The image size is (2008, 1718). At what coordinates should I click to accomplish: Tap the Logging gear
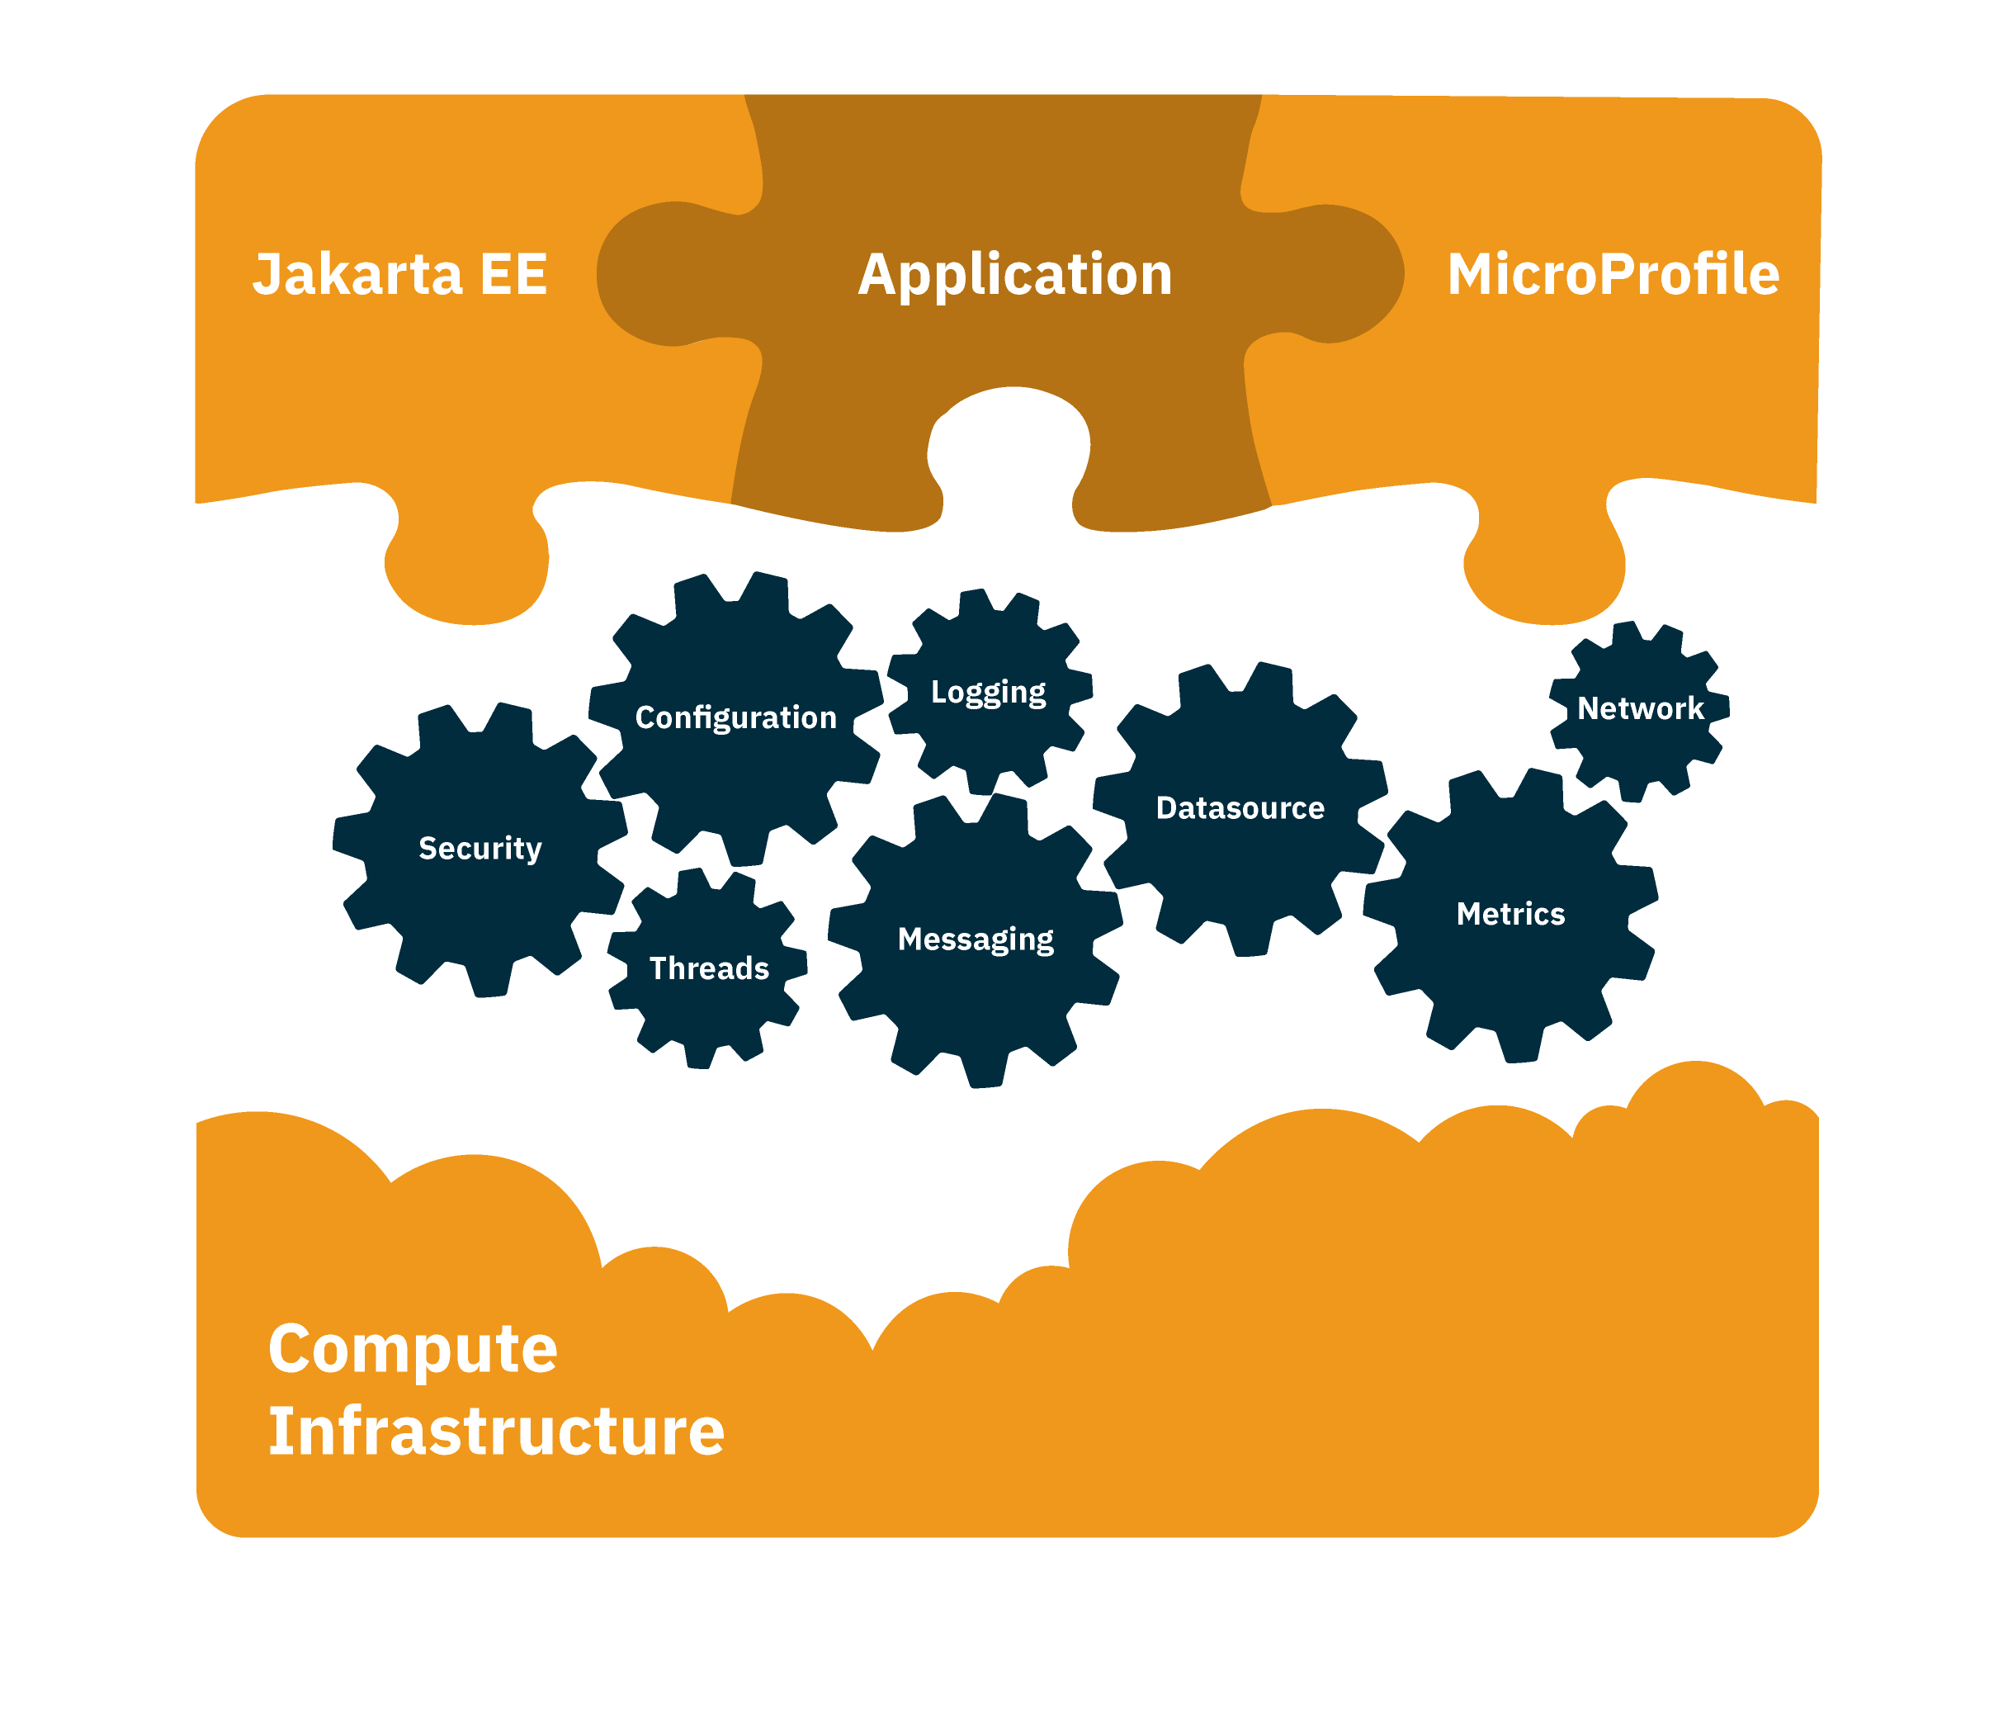pos(990,717)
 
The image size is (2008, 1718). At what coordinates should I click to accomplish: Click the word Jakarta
pos(357,274)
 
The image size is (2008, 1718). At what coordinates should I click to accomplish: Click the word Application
pos(1014,274)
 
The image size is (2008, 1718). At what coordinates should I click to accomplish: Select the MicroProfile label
pos(1613,274)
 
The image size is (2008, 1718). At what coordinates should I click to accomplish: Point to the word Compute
pos(412,1349)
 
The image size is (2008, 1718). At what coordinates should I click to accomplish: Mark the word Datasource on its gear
pos(1240,808)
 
